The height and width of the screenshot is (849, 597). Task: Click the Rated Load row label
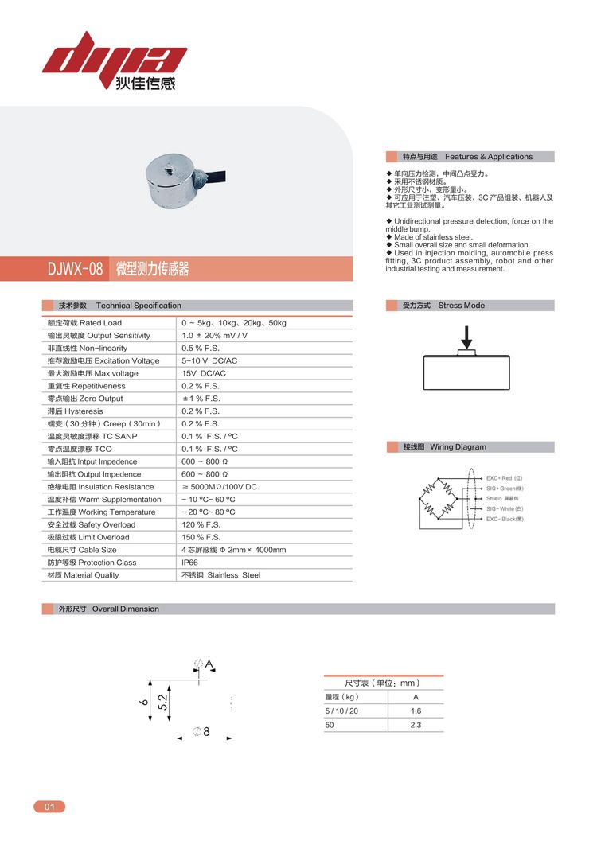click(84, 323)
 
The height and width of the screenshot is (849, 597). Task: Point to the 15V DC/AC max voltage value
click(204, 373)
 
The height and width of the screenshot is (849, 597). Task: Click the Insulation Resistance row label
click(100, 487)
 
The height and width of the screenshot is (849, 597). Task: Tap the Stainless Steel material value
click(221, 575)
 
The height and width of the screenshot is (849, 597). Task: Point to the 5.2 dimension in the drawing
click(162, 702)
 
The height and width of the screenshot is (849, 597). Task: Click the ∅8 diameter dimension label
click(201, 732)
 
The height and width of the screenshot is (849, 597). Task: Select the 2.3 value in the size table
click(416, 725)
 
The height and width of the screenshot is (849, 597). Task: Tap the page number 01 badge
click(49, 807)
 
